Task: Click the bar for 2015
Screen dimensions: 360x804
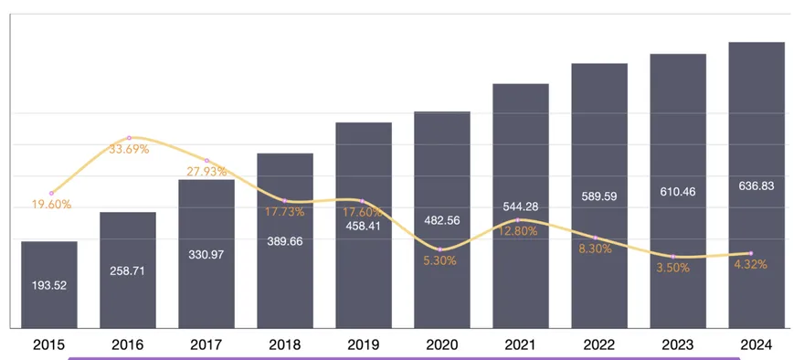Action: click(x=49, y=284)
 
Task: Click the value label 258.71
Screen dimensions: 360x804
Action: click(x=128, y=271)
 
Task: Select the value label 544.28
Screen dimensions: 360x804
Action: click(x=521, y=206)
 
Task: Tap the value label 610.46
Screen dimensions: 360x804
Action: click(x=678, y=192)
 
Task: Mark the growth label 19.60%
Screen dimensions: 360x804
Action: click(x=51, y=206)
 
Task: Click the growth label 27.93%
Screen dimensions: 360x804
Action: click(x=206, y=172)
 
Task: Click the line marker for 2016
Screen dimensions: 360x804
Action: click(x=129, y=137)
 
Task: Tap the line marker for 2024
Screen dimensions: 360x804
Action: click(x=751, y=253)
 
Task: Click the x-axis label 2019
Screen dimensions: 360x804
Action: click(x=364, y=344)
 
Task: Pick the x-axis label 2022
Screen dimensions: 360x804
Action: click(x=599, y=344)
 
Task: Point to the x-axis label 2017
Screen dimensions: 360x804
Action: click(x=206, y=344)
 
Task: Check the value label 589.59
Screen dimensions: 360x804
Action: click(x=599, y=196)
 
